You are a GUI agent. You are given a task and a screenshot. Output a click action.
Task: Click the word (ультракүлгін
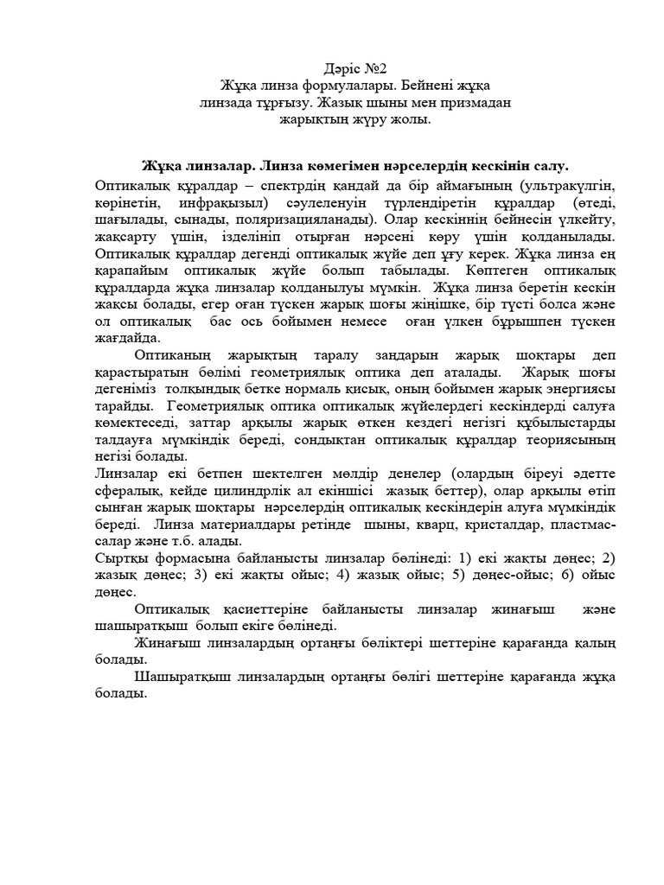tap(555, 186)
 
